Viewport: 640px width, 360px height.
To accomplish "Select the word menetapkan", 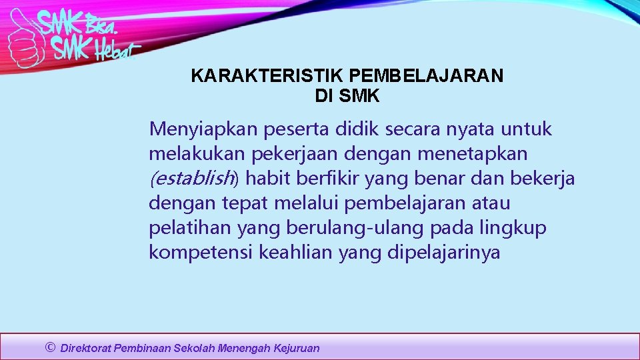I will [x=473, y=153].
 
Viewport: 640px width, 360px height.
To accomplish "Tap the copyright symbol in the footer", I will [x=49, y=347].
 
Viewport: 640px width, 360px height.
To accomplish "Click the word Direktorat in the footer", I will [x=85, y=348].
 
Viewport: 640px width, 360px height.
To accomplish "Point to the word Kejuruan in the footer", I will [x=297, y=348].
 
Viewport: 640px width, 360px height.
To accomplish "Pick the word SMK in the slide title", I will [x=359, y=96].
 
